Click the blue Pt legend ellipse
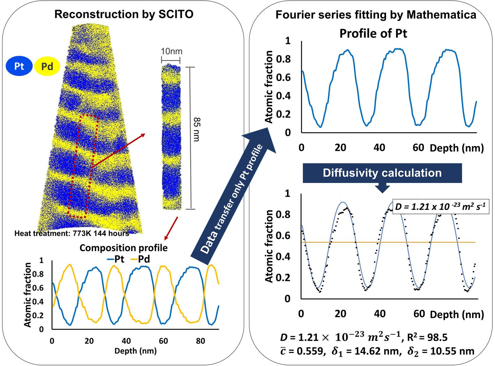[19, 66]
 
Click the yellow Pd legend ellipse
[47, 66]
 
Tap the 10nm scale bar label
[171, 51]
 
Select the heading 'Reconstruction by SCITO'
[124, 14]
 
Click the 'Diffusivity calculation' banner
[382, 173]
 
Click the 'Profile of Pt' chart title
[373, 33]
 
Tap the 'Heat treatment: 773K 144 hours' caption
[72, 233]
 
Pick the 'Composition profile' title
[124, 248]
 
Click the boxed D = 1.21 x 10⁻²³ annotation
[441, 207]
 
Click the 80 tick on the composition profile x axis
[200, 341]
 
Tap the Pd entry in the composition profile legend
[140, 259]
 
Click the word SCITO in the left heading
[176, 14]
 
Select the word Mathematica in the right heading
[441, 15]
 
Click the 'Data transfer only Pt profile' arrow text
[231, 199]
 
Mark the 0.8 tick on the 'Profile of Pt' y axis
[283, 59]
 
